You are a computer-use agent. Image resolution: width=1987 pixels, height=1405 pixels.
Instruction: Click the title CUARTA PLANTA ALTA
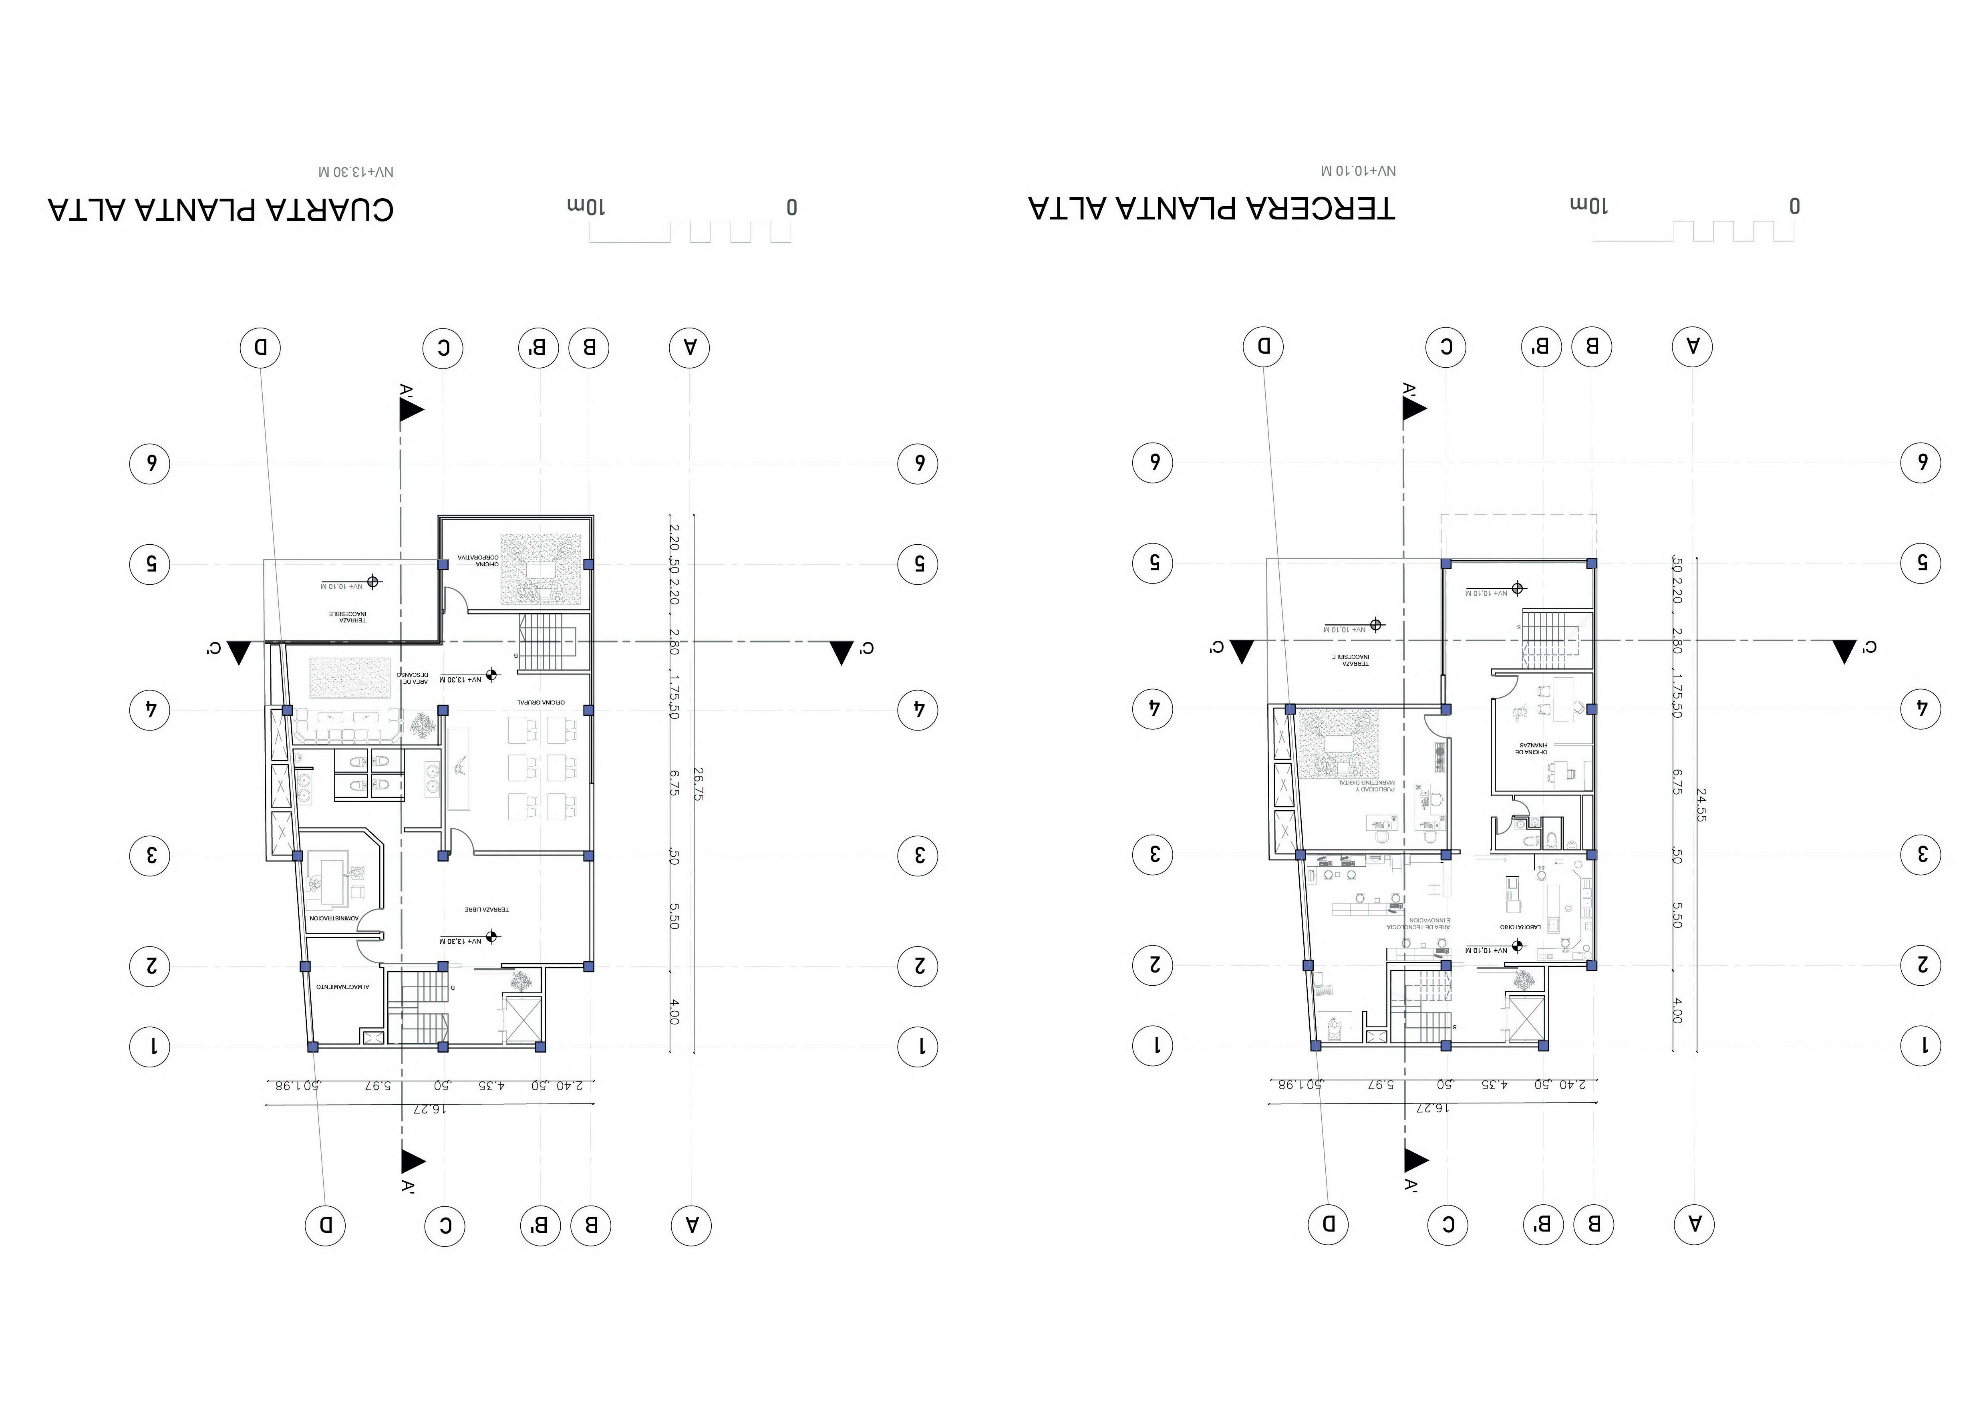click(221, 209)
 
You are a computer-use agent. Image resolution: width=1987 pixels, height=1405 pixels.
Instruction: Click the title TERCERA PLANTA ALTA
click(1212, 209)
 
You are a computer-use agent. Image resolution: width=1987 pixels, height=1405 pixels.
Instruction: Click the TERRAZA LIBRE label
click(486, 909)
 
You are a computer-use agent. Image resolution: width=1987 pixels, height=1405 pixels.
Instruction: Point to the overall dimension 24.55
click(1701, 804)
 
